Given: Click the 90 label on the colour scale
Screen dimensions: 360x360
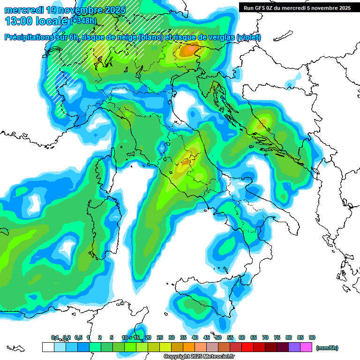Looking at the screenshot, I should tap(312, 337).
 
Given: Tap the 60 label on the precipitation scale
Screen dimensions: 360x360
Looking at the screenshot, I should tap(242, 337).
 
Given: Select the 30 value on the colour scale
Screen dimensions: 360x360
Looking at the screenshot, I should tap(172, 337).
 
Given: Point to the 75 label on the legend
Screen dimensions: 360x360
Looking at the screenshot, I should tap(277, 337).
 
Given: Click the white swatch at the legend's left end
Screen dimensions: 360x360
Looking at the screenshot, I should tap(48, 347).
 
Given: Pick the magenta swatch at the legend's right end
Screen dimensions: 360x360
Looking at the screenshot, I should tap(306, 347).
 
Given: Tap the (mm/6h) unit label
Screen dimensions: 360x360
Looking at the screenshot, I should tap(327, 348).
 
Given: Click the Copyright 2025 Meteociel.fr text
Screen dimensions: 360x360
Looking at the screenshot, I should tap(200, 357).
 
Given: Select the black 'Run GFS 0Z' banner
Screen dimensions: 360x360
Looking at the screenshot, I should tap(298, 7).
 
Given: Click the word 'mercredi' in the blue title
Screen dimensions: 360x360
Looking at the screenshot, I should tap(22, 9).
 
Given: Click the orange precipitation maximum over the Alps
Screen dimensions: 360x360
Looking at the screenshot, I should tap(190, 48).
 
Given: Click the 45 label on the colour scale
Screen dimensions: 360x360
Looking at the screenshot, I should tap(207, 337).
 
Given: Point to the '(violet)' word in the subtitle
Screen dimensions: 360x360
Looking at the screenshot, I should tap(248, 37).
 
